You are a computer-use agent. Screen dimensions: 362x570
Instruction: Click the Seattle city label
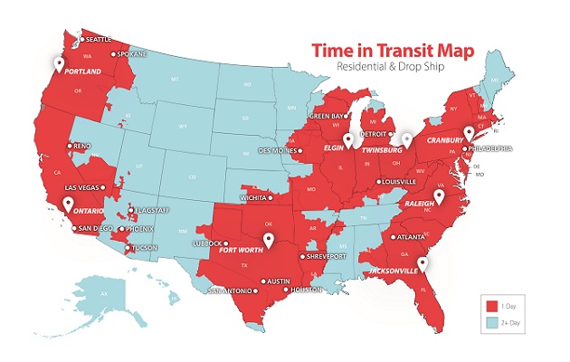[98, 39]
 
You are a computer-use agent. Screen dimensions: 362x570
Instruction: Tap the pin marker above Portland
[59, 64]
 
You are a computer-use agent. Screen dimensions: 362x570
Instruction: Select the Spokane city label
[129, 54]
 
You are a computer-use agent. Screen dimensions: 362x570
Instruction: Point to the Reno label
[83, 146]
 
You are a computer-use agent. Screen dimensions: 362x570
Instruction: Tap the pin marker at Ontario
[66, 205]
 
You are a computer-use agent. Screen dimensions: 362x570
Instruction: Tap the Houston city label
[307, 291]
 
